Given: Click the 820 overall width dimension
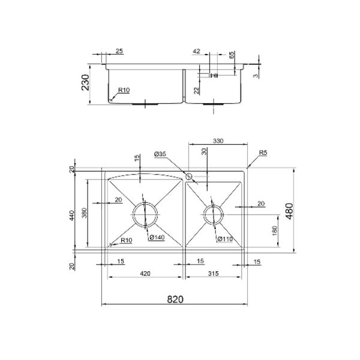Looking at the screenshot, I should pos(174,298).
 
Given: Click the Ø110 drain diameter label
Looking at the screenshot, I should pos(224,239).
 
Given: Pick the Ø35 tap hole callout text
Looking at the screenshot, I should pos(160,154).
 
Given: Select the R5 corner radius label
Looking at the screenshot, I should pos(263,154).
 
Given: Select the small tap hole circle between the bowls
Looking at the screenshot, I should pos(188,177).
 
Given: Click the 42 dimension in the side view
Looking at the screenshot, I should pos(197,52).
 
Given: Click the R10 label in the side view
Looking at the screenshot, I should pos(123,91).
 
